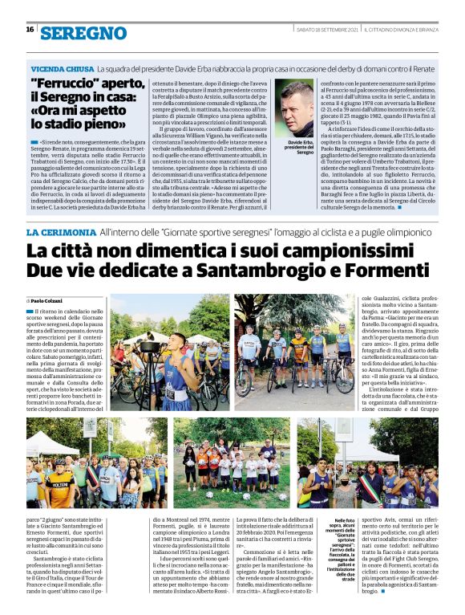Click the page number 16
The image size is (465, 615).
click(30, 30)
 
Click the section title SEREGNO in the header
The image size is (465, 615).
click(83, 34)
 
